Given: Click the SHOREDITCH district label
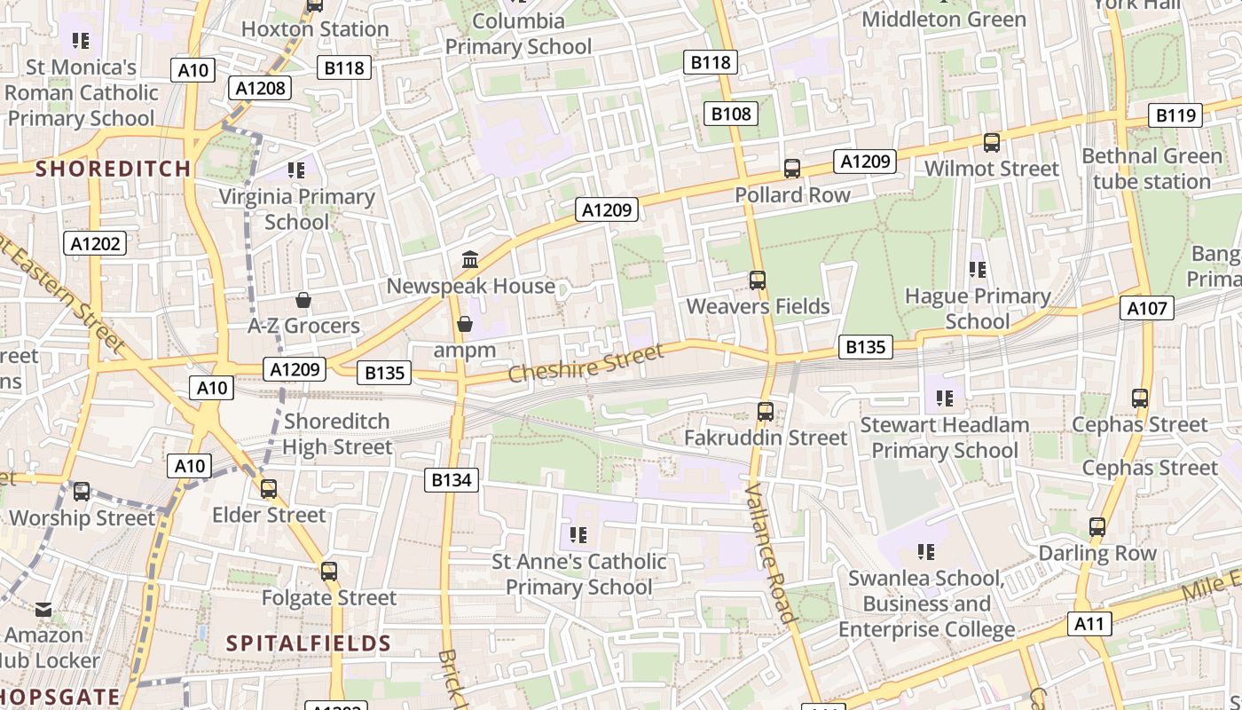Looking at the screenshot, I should point(113,169).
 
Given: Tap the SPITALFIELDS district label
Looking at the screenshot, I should point(308,643).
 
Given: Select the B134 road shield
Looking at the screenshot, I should point(452,480).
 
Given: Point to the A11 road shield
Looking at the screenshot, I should point(1089,624).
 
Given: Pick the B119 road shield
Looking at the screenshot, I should point(1176,114).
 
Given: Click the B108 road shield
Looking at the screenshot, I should point(731,113).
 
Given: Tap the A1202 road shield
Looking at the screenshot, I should point(97,243).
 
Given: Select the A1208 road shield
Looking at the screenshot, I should point(261,87).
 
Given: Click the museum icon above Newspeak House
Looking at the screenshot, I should point(470,260).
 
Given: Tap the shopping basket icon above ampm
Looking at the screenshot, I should point(464,324).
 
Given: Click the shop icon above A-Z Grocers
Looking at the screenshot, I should point(303,300).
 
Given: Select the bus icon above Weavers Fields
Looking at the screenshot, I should point(757,280).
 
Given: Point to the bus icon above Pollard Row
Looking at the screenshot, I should point(792,169).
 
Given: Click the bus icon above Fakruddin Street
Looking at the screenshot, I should point(765,412).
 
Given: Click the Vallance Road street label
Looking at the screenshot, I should point(768,553).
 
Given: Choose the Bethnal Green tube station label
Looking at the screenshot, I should point(1152,169).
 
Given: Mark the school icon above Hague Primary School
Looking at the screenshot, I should point(977,270).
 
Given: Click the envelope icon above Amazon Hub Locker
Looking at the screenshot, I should point(43,610).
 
